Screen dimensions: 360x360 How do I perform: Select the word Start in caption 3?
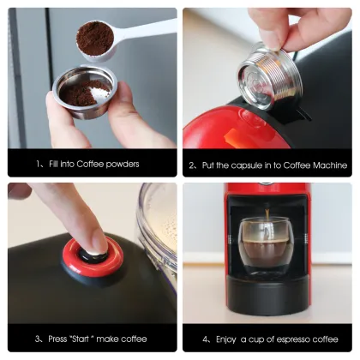[x=82, y=338]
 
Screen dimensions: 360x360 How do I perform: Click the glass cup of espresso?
[x=266, y=243]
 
